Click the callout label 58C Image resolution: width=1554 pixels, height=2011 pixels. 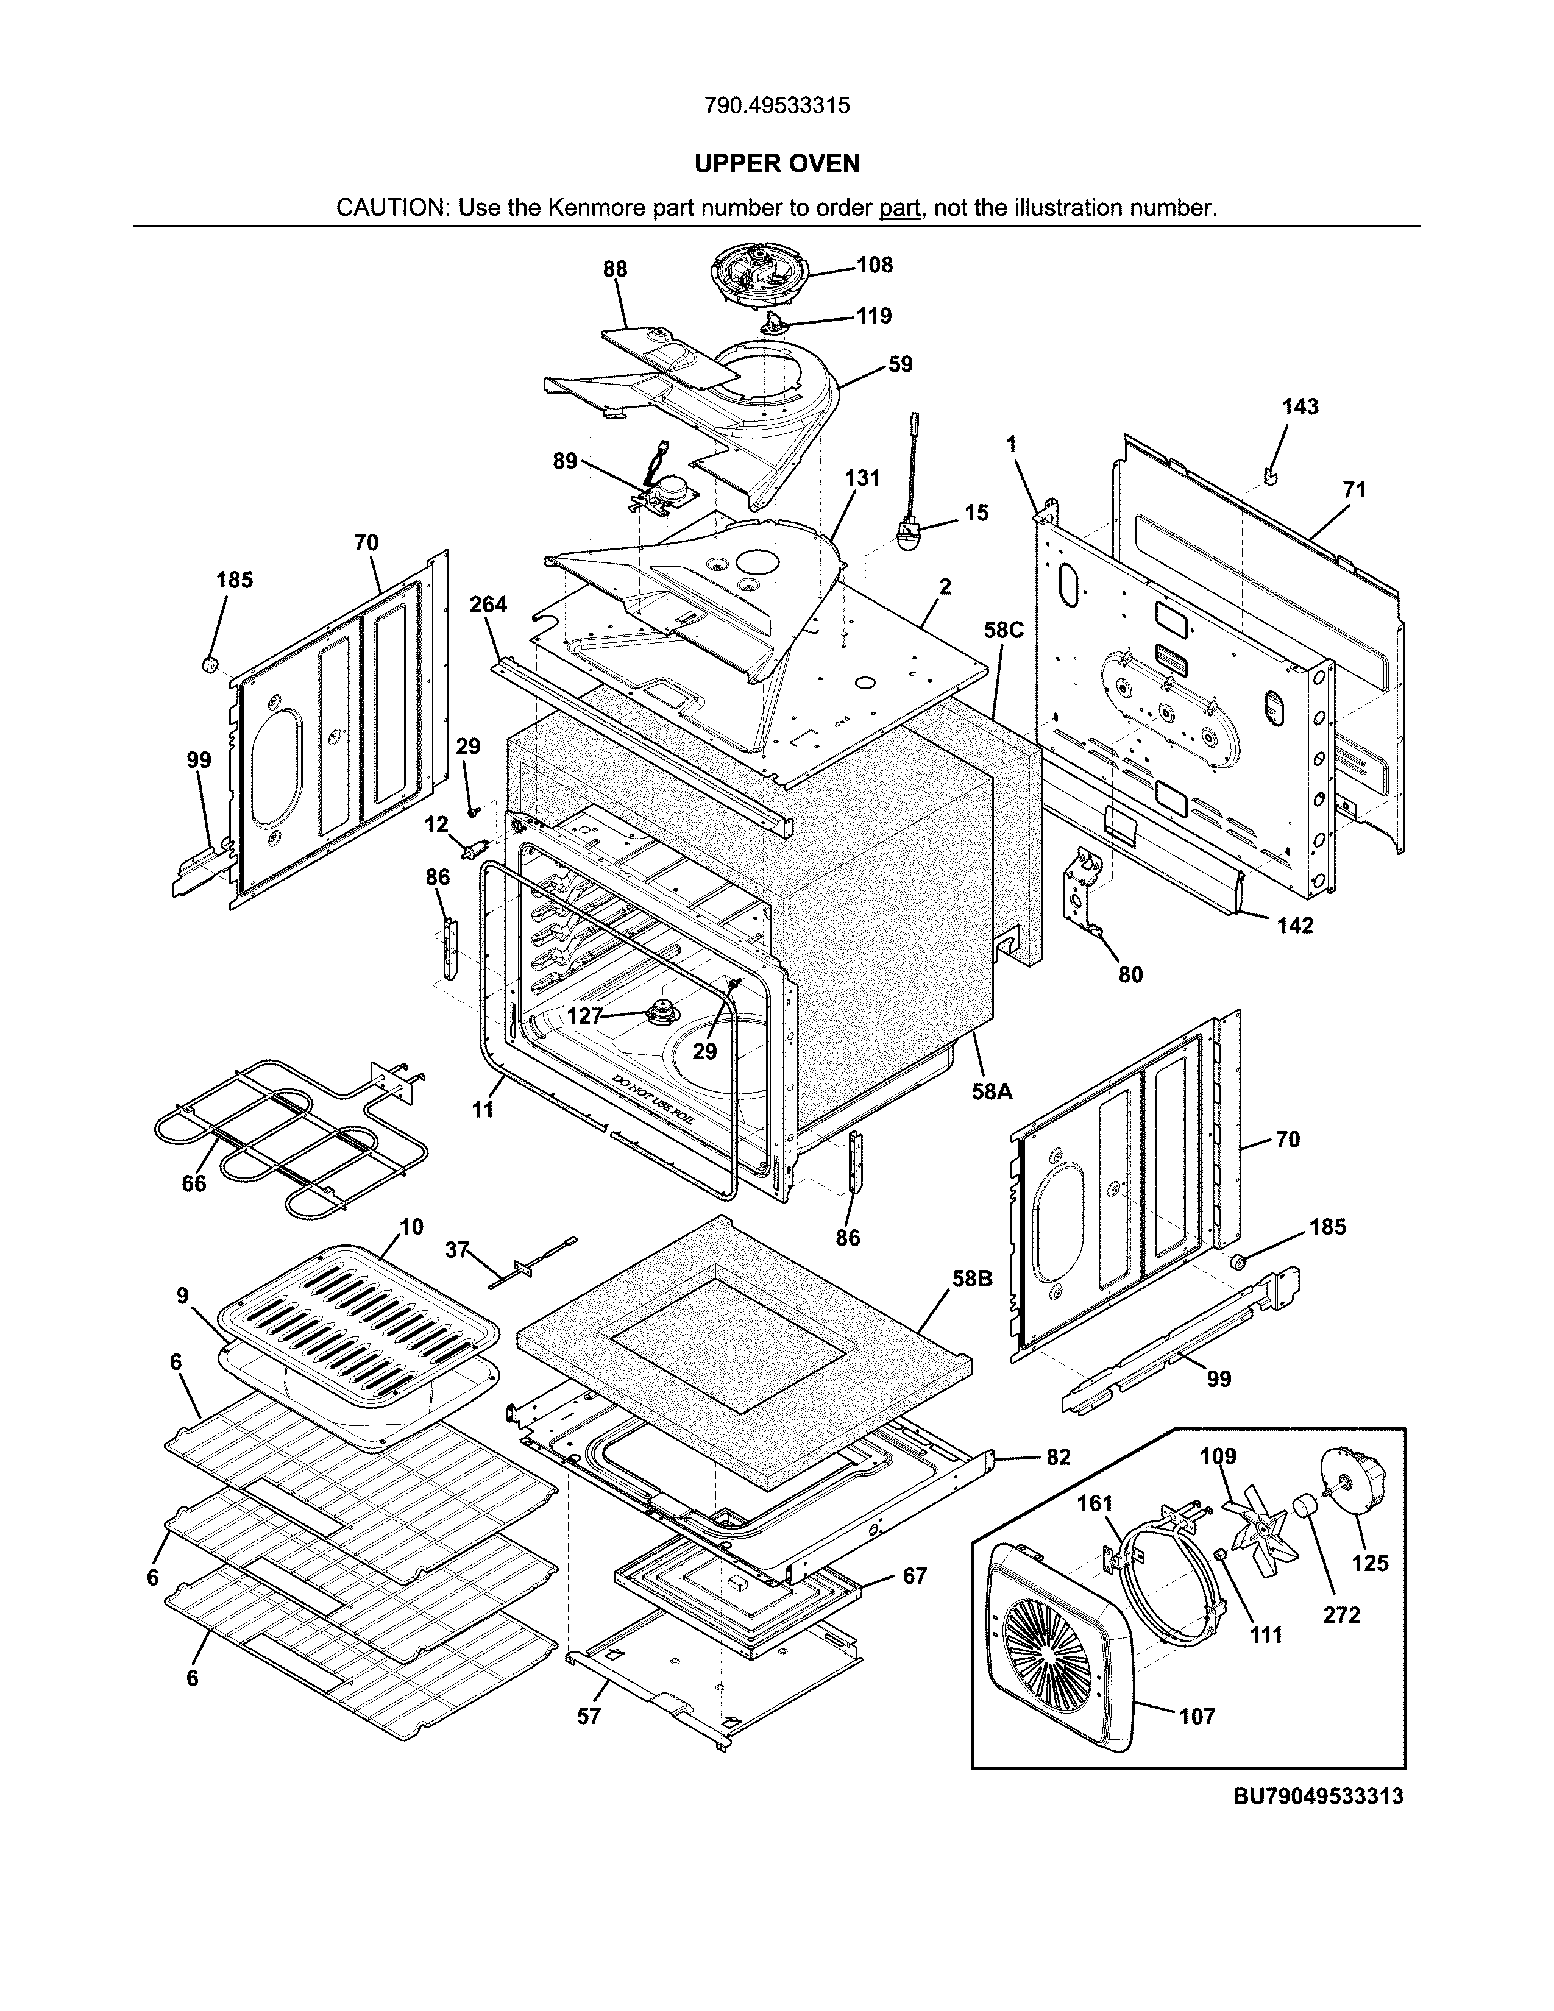1002,630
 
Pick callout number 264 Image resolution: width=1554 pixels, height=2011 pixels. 488,605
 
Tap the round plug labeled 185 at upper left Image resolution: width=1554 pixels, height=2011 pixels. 209,665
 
